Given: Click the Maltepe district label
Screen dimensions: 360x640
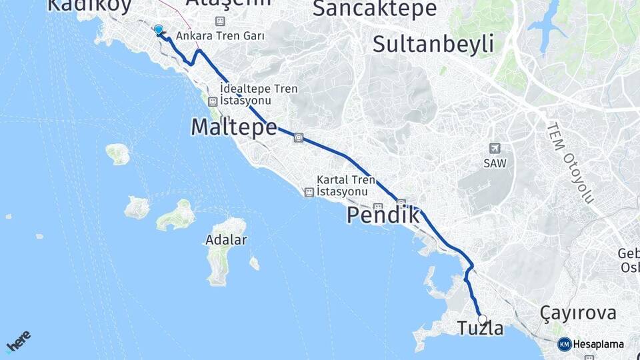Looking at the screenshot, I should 233,127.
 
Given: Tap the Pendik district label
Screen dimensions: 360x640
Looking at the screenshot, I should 383,215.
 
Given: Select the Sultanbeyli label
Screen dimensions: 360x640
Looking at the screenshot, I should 433,44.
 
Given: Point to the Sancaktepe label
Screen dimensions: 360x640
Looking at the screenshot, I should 374,9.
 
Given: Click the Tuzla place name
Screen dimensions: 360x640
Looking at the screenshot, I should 480,329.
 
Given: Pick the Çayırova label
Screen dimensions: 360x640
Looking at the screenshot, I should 578,313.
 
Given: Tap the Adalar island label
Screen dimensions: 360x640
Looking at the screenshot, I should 226,240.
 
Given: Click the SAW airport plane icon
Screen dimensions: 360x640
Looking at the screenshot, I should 494,148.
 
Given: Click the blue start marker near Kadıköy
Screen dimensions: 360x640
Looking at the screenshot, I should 159,30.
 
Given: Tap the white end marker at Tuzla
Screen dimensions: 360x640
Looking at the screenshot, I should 482,319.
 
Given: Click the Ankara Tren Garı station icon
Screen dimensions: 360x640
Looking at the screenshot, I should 221,21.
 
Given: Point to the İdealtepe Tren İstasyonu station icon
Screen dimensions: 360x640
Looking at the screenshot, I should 213,101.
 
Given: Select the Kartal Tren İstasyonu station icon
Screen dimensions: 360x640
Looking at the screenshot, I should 309,192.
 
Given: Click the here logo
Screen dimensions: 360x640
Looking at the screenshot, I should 18,341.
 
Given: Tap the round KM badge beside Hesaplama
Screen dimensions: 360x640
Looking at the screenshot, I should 564,344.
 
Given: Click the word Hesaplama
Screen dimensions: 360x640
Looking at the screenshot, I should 598,345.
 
